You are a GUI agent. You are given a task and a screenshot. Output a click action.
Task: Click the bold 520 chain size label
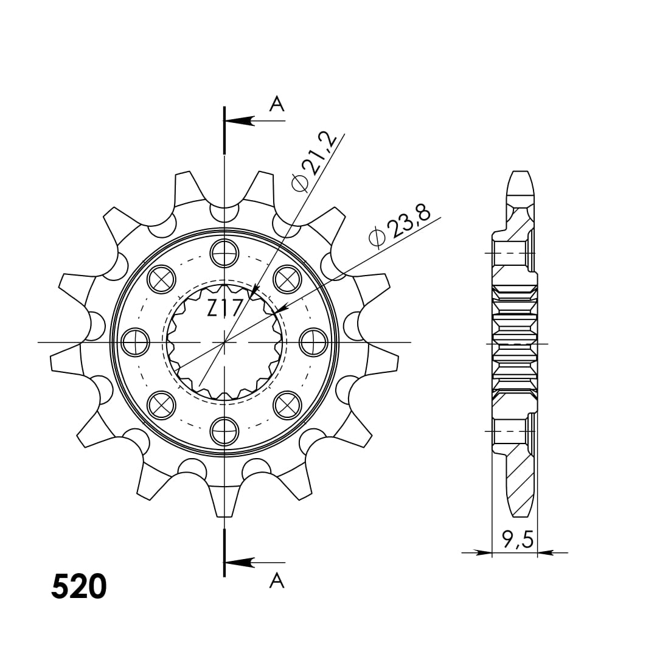pos(78,586)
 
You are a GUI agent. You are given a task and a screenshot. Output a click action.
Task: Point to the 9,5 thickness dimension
pos(518,540)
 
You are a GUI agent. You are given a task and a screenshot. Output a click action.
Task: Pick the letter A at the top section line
pos(277,103)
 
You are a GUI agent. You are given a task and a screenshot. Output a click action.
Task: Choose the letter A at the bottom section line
pos(277,580)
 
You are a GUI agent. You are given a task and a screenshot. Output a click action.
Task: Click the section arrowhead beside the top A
pos(239,120)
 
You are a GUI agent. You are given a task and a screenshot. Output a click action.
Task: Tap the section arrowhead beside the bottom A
pos(239,562)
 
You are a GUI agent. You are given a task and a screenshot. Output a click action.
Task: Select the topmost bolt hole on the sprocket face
pos(224,253)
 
